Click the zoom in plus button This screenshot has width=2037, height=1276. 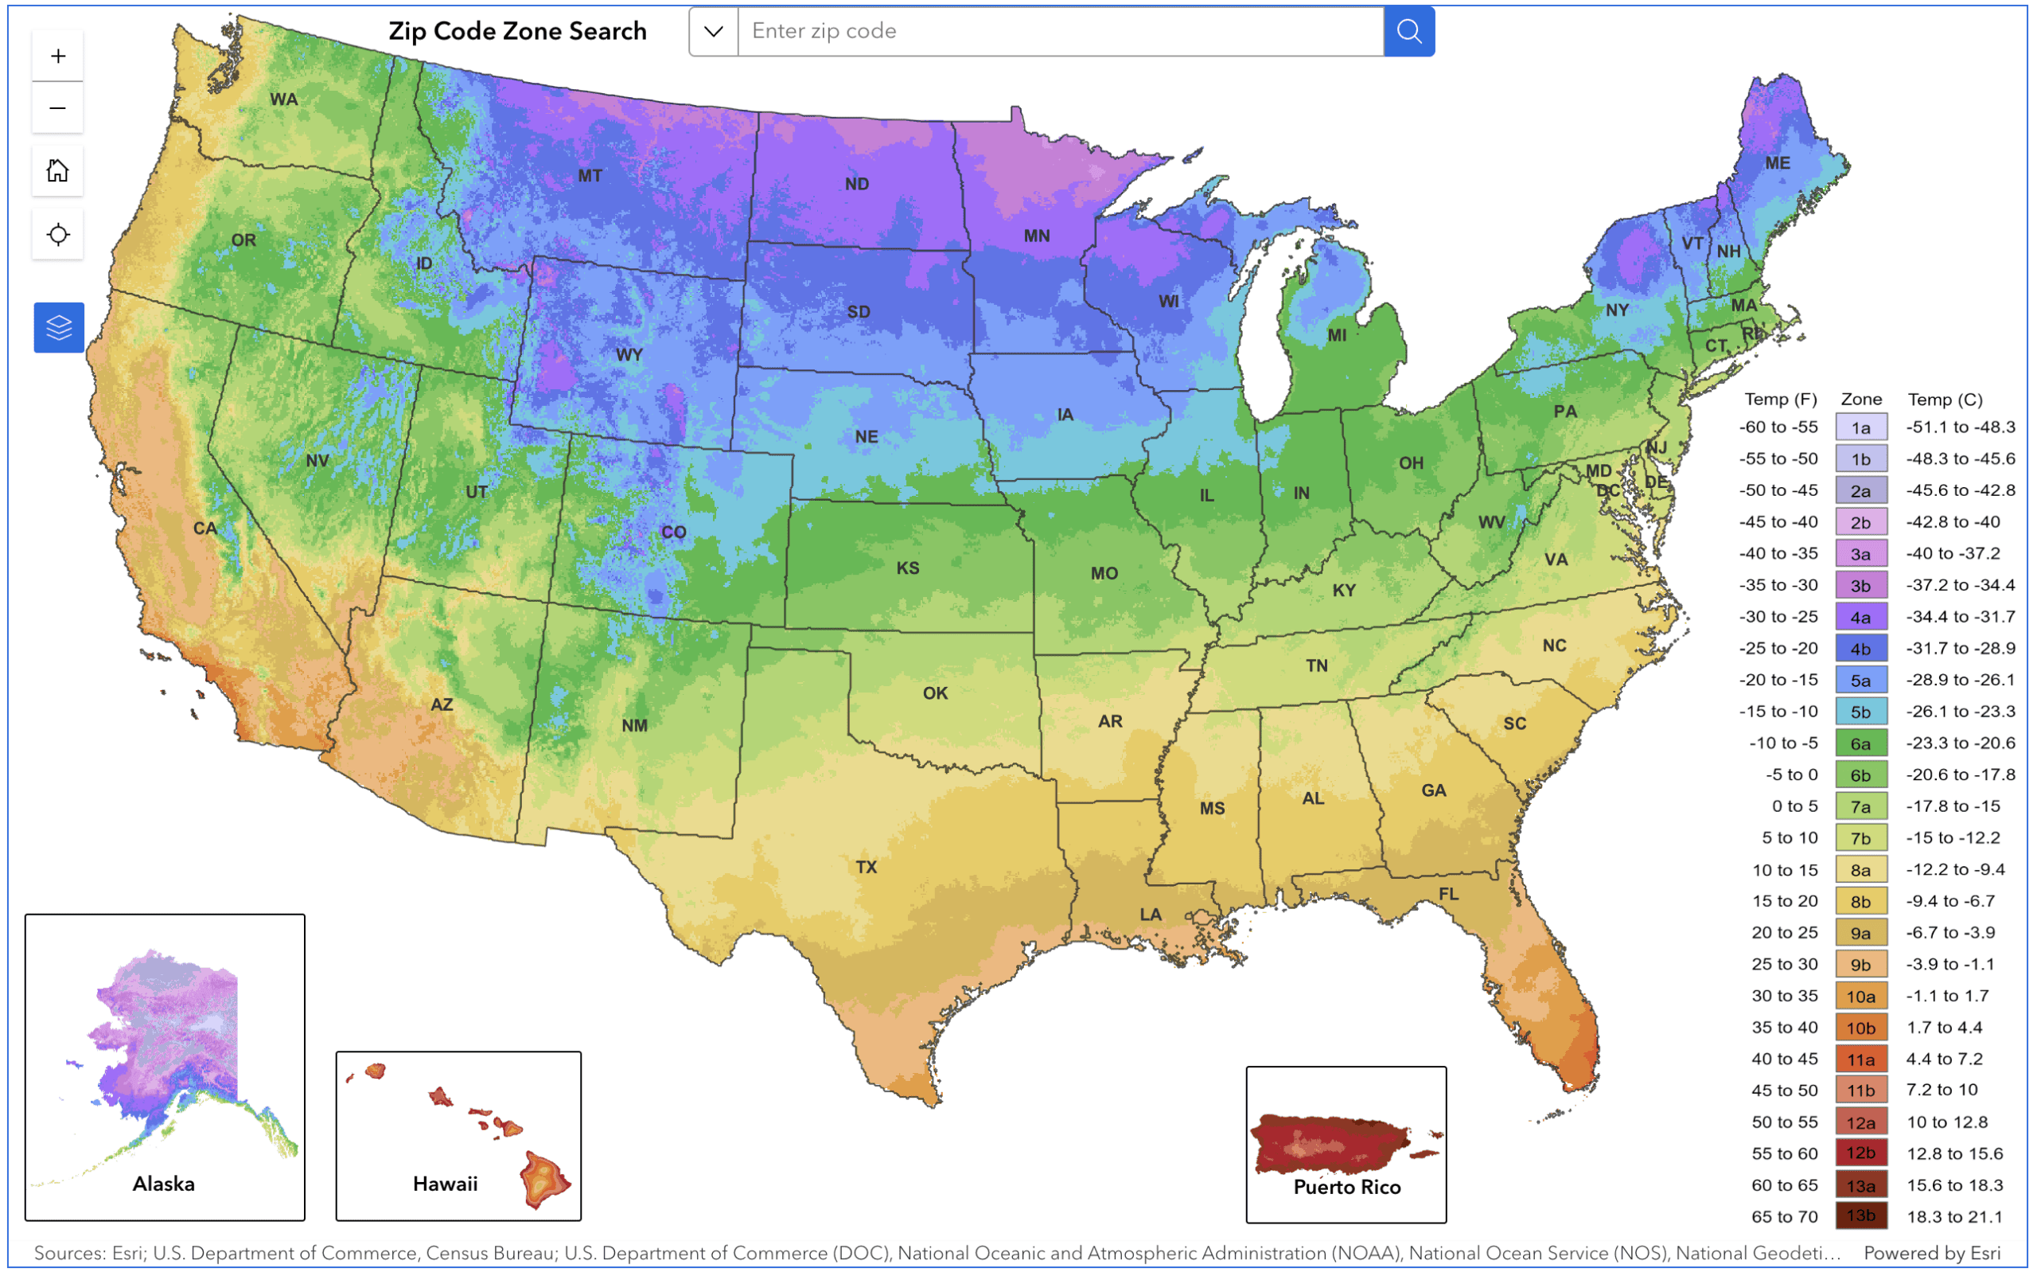pyautogui.click(x=57, y=56)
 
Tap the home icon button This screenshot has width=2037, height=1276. pyautogui.click(x=57, y=170)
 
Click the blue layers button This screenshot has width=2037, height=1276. pyautogui.click(x=58, y=327)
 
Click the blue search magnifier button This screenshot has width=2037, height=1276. pyautogui.click(x=1408, y=31)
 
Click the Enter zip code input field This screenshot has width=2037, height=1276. pyautogui.click(x=1059, y=31)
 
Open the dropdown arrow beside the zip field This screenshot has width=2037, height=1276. pyautogui.click(x=714, y=31)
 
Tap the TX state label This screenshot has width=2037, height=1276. pyautogui.click(x=867, y=867)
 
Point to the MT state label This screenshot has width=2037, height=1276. pyautogui.click(x=590, y=176)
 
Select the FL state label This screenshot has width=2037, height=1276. pyautogui.click(x=1448, y=894)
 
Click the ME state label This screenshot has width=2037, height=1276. pyautogui.click(x=1778, y=163)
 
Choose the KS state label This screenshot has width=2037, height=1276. pyautogui.click(x=908, y=568)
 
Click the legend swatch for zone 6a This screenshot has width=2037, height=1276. pyautogui.click(x=1860, y=743)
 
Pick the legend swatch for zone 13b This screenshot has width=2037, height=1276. pyautogui.click(x=1860, y=1216)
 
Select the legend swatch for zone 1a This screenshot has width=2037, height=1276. pyautogui.click(x=1860, y=428)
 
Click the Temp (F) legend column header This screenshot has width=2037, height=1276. pyautogui.click(x=1780, y=399)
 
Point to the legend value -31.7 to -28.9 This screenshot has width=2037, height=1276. pyautogui.click(x=1961, y=648)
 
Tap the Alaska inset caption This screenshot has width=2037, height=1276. pyautogui.click(x=164, y=1183)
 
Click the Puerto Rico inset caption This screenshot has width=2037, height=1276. pyautogui.click(x=1346, y=1187)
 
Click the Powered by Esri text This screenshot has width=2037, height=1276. pyautogui.click(x=1931, y=1253)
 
